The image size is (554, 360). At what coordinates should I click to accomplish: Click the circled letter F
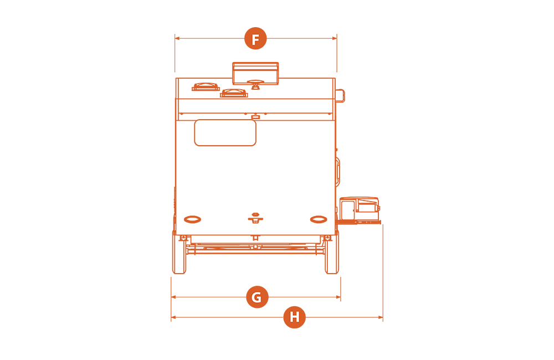[x=255, y=38]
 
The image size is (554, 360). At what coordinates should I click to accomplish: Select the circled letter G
[x=257, y=297]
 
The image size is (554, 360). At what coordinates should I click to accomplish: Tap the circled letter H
[x=294, y=317]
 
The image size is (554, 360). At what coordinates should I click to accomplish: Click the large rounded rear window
[x=225, y=132]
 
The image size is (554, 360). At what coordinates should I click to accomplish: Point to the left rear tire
[x=179, y=252]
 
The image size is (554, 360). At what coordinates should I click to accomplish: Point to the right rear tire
[x=332, y=252]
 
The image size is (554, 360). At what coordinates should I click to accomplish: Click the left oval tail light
[x=193, y=219]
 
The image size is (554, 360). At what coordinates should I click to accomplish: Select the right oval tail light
[x=319, y=219]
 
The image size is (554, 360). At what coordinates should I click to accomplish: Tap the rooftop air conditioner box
[x=255, y=74]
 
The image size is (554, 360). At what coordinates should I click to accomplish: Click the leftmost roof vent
[x=206, y=87]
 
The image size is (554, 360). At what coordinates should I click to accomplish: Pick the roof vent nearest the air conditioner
[x=234, y=93]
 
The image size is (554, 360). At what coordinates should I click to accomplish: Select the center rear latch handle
[x=255, y=218]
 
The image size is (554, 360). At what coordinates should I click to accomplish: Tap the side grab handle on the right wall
[x=338, y=171]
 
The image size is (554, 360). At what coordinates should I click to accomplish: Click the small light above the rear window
[x=255, y=117]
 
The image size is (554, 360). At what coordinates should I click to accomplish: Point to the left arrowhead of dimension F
[x=177, y=38]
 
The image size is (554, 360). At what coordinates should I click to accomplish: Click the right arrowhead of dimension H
[x=381, y=317]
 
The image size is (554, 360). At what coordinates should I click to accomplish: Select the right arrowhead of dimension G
[x=338, y=297]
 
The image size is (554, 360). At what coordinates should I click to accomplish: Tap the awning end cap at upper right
[x=340, y=96]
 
